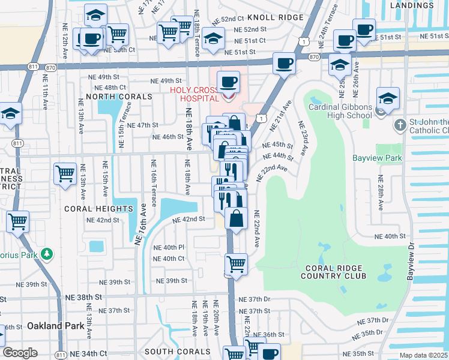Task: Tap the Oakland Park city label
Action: click(53, 326)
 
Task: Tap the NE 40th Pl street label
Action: click(169, 247)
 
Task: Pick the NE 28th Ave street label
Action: click(380, 193)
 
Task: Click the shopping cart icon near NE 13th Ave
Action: click(65, 174)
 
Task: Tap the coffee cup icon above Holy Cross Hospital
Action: click(227, 82)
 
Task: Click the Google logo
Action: click(19, 353)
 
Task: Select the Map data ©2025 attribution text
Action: click(423, 355)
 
